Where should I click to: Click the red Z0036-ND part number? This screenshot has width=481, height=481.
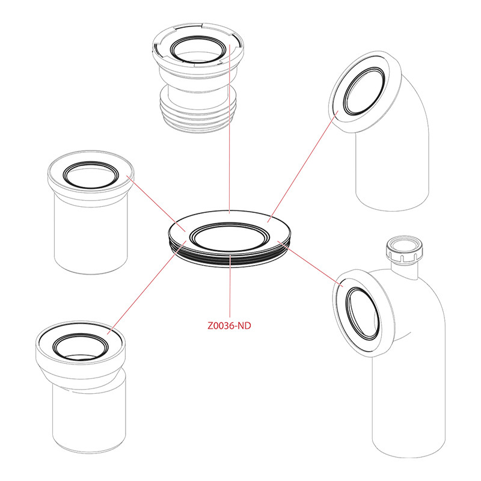point(229,325)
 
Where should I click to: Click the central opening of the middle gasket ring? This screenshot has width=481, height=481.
point(229,238)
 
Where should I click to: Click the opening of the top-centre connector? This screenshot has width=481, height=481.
point(198,50)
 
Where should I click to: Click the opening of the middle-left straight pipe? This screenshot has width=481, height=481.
point(91,175)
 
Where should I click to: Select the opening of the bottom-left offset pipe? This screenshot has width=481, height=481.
point(81,347)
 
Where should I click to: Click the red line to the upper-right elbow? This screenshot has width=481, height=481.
point(303,167)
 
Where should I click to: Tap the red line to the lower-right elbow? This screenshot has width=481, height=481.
point(310,264)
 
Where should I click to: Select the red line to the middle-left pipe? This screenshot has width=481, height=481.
point(156,203)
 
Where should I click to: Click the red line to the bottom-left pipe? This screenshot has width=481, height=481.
point(147,288)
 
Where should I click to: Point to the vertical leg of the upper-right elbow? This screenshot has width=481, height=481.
point(392,172)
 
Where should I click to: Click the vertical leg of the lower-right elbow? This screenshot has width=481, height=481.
point(409,405)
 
